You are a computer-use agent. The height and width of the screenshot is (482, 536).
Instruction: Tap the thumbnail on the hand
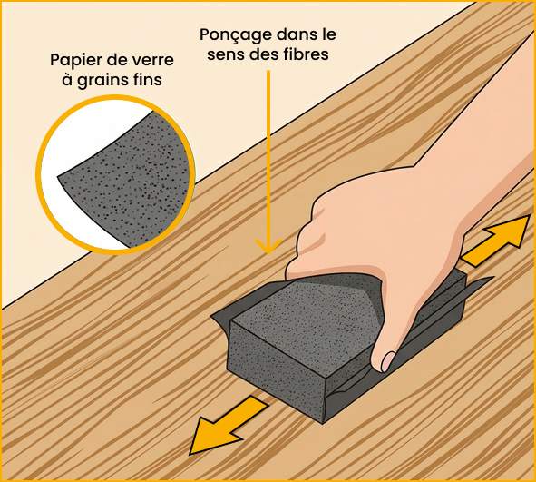point(387,360)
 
